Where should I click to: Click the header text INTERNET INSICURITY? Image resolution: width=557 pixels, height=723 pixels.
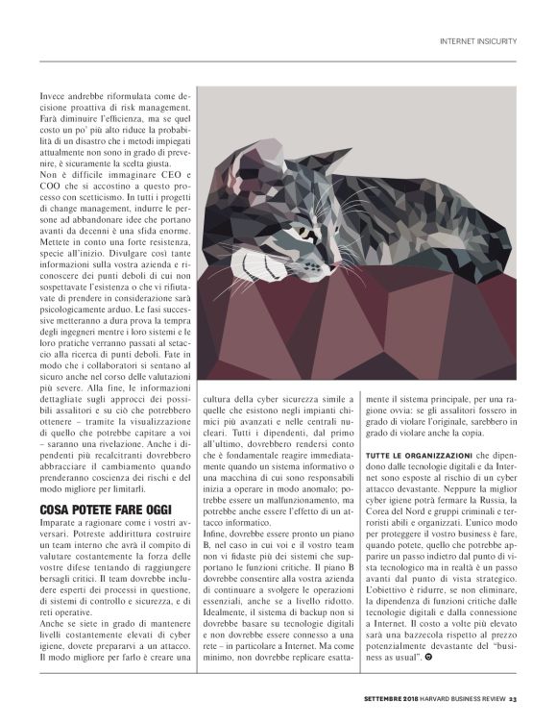(477, 41)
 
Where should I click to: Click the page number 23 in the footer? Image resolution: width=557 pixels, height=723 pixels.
(514, 699)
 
